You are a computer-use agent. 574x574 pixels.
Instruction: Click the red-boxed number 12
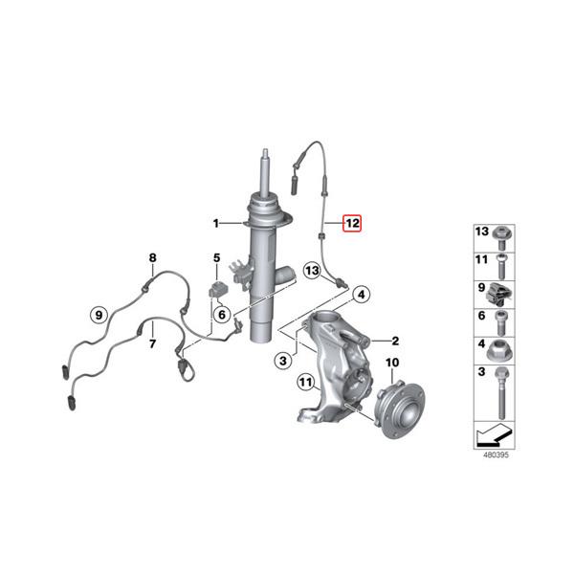pos(352,223)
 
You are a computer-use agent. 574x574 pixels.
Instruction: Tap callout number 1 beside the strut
pos(216,224)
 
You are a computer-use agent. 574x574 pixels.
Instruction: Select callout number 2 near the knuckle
pos(394,340)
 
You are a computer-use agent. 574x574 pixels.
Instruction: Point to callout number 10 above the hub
pos(391,364)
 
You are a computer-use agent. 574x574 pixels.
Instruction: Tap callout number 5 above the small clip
pos(216,258)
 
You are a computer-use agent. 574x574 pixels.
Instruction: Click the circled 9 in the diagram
pos(98,313)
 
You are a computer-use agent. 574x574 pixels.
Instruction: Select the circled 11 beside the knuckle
pos(306,384)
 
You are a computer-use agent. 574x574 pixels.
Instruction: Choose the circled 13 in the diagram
pos(311,271)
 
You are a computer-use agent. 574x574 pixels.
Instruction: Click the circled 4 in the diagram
pos(361,294)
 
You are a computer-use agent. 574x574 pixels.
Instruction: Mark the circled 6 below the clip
pos(221,313)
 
